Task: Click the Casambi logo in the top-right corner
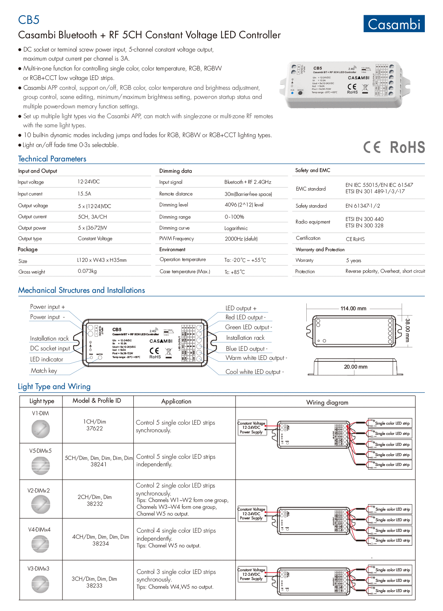point(394,24)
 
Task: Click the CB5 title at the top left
point(29,20)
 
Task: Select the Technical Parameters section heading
point(52,159)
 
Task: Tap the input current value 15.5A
point(84,194)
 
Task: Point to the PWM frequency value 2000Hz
point(241,239)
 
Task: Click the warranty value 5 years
point(353,260)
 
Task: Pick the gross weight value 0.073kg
point(87,271)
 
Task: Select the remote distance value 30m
point(248,194)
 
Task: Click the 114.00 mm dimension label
point(353,308)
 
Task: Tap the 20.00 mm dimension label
point(356,367)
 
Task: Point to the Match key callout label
point(44,370)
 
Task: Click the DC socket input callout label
point(50,348)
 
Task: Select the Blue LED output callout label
point(246,348)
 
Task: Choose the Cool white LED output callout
point(254,372)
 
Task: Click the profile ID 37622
point(95,428)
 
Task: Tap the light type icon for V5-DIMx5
point(41,466)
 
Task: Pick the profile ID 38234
point(101,544)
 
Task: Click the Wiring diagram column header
point(327,402)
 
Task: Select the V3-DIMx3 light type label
point(38,569)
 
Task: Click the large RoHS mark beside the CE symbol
point(407,147)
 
